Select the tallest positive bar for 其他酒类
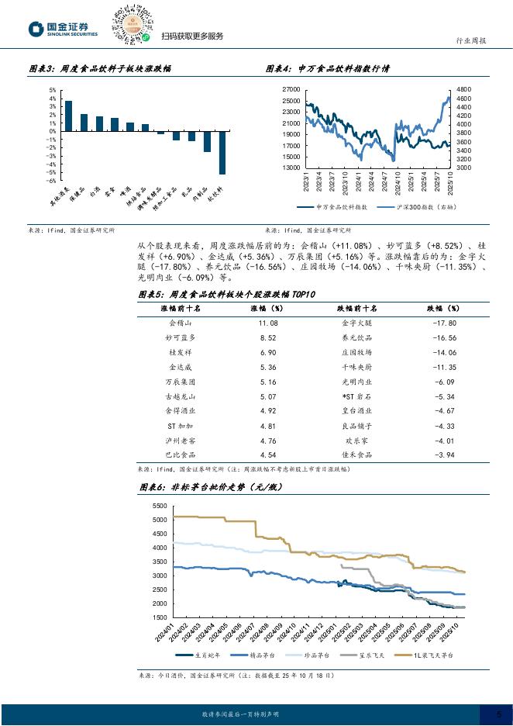pyautogui.click(x=68, y=116)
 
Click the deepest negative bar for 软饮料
pyautogui.click(x=222, y=152)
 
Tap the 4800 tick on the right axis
pyautogui.click(x=463, y=90)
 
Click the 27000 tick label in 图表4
pyautogui.click(x=291, y=90)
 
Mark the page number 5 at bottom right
pyautogui.click(x=498, y=714)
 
